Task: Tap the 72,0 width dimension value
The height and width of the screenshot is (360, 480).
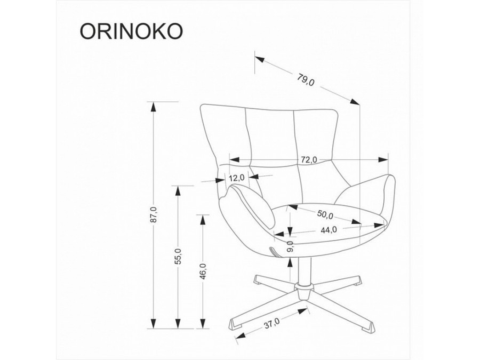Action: point(308,159)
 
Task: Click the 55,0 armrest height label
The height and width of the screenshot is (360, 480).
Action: point(179,257)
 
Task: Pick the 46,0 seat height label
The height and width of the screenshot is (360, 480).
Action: point(202,271)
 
